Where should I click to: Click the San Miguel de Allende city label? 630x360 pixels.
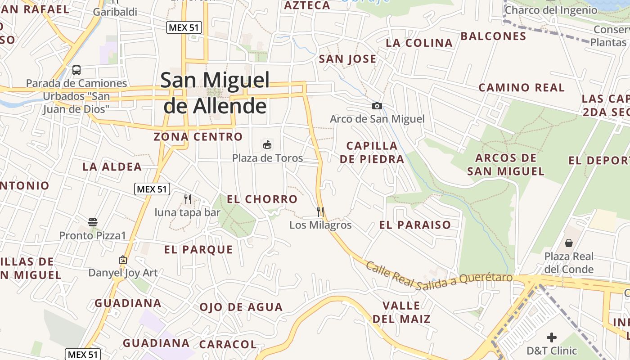coord(215,93)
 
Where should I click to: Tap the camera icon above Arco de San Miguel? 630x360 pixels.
coord(377,106)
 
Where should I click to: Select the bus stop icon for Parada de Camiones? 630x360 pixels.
coord(76,70)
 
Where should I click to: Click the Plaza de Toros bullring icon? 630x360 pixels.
coord(267,144)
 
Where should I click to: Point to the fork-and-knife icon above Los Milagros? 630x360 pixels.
coord(320,211)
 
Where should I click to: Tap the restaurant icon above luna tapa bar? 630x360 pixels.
coord(188,199)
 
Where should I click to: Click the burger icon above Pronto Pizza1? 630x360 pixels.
coord(93,222)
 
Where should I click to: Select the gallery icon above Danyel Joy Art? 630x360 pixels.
coord(123,260)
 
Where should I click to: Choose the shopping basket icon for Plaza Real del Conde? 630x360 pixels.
coord(569,243)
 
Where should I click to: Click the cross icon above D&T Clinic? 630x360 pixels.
coord(552,337)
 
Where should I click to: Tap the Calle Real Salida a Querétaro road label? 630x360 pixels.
coord(439,274)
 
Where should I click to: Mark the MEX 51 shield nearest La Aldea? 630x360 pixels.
coord(152,189)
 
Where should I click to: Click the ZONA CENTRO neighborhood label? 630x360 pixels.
coord(198,136)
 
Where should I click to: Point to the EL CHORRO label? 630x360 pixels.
coord(262,199)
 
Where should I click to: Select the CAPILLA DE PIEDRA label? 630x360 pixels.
coord(372,152)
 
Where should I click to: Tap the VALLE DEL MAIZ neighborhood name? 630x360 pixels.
coord(401,312)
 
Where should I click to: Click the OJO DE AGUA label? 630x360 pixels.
coord(241,307)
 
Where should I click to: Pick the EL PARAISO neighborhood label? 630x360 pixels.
coord(415,225)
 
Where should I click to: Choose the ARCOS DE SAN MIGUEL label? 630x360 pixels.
coord(506,164)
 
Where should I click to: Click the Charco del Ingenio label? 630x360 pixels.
coord(551,10)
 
